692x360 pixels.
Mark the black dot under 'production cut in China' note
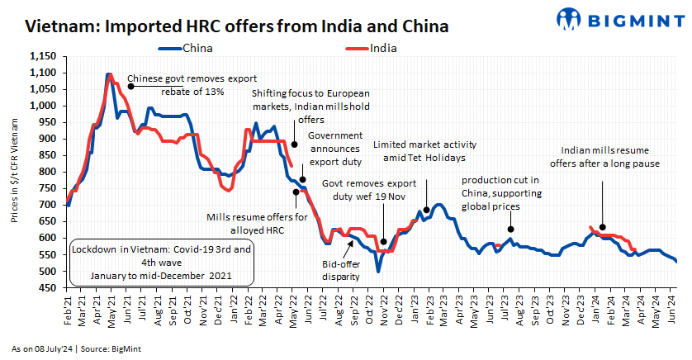(x=511, y=230)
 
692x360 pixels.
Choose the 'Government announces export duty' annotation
(x=335, y=148)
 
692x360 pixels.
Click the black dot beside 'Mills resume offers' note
(x=296, y=192)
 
